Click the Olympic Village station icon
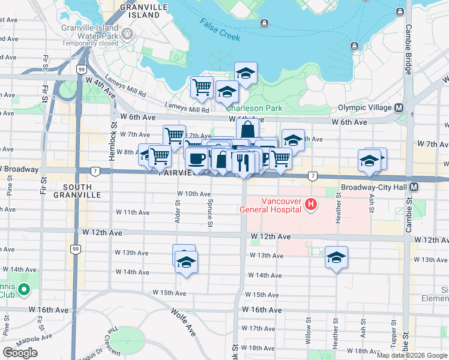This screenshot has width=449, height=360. (x=399, y=107)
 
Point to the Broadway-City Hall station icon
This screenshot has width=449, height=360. (x=415, y=187)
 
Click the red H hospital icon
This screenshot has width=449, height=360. (x=311, y=205)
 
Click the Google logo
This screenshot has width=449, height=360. (x=20, y=353)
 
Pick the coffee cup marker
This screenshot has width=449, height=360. (x=196, y=159)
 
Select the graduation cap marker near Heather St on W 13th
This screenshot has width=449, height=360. (x=336, y=256)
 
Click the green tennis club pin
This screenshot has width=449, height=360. (x=24, y=290)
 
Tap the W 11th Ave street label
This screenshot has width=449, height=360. (x=132, y=212)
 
